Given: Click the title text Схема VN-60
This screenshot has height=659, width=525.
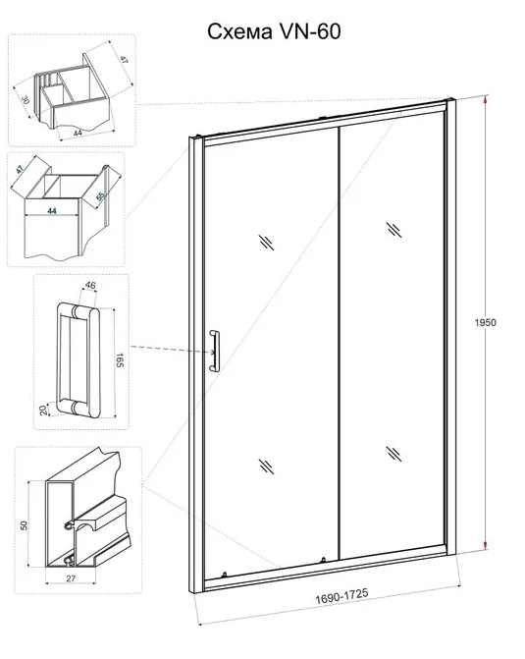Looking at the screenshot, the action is point(274,31).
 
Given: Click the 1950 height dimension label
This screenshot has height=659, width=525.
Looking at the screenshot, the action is point(486,322).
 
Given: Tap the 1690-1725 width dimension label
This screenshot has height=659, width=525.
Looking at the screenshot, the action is point(341,595).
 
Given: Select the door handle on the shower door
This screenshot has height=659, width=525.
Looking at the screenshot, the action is point(214,351).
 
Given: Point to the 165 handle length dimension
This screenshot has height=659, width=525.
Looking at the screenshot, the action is point(120,360).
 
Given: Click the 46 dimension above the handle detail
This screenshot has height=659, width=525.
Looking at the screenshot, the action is point(90,286).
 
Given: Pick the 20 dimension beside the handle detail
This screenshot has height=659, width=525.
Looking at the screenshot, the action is point(43,410).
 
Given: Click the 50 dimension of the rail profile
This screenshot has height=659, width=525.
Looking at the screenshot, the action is point(24,524).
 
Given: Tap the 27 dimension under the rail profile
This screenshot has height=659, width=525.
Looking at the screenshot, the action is point(71,578).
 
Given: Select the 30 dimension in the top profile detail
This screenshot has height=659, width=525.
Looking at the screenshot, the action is point(26,99).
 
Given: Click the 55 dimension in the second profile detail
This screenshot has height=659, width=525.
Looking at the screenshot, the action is point(100,195).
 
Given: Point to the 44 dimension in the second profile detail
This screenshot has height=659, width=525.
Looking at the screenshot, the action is point(51,210).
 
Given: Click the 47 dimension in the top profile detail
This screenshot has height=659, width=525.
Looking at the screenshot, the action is point(124,59).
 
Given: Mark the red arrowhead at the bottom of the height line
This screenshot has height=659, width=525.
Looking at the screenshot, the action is point(486,545).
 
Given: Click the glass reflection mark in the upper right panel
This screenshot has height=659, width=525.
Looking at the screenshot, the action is point(394,230).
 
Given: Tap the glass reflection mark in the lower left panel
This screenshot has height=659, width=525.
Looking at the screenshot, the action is point(267,467).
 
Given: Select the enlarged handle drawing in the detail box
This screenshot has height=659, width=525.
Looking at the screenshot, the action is point(79,359).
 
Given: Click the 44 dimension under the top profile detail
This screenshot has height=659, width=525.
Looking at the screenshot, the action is point(79,133).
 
